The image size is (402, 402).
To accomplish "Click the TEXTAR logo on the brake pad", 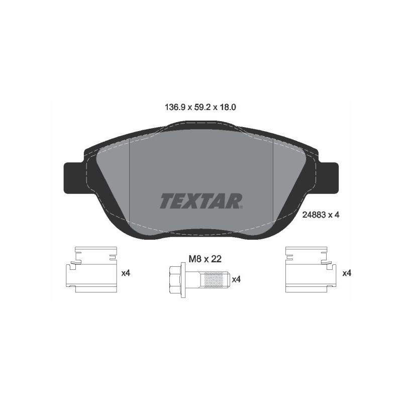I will (x=201, y=200).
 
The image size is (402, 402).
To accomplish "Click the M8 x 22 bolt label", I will (x=205, y=259).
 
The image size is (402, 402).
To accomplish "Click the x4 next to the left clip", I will (x=126, y=273).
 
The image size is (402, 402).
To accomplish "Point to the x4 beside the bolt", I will (x=237, y=279).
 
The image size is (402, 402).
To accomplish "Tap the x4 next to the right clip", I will (x=346, y=273).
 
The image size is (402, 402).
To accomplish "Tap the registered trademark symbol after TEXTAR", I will (x=242, y=206).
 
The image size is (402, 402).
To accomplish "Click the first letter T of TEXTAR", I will (x=166, y=200).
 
